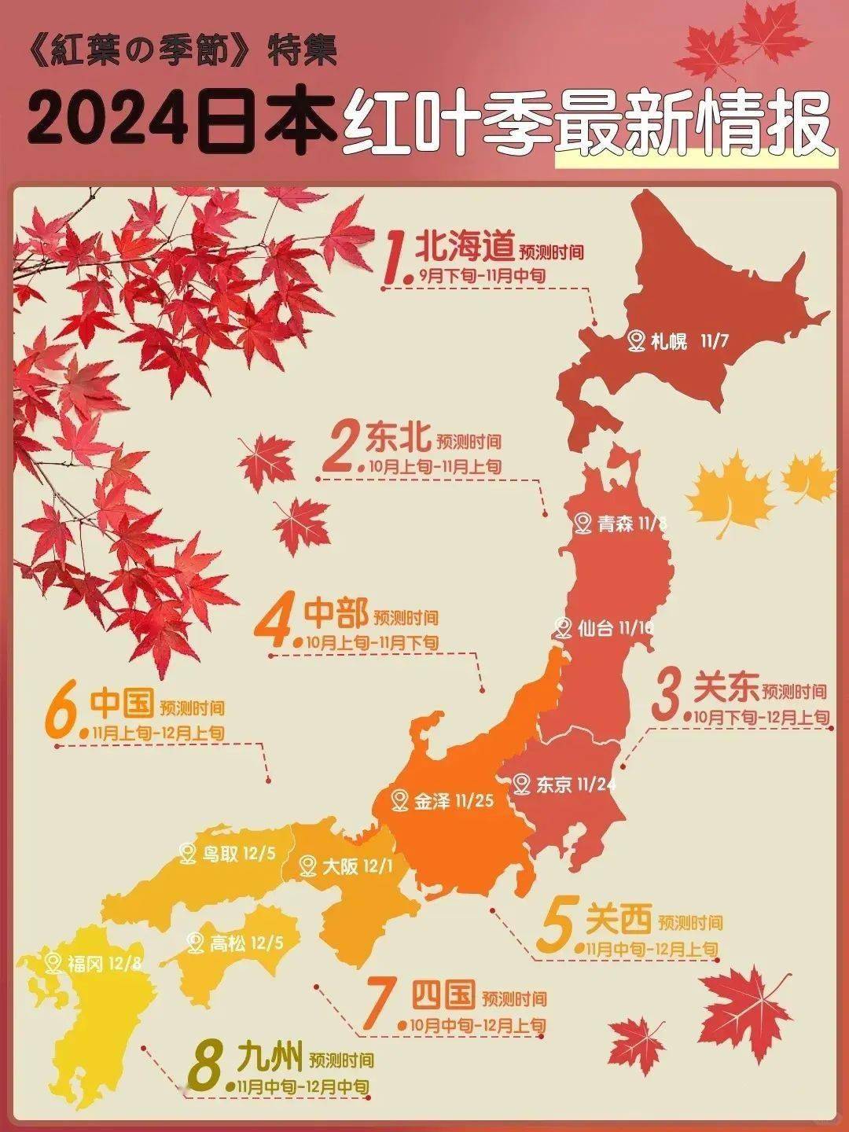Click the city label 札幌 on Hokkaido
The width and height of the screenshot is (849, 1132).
(x=669, y=342)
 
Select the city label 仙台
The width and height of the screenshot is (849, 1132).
(x=596, y=628)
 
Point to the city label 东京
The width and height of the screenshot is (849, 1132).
(x=553, y=784)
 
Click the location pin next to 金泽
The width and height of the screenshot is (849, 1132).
(x=401, y=801)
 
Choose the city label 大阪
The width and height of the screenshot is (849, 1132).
(x=340, y=866)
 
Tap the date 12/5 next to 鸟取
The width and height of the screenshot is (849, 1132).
(x=259, y=853)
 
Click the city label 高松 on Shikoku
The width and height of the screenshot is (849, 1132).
(x=228, y=943)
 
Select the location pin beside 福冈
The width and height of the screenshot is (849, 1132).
(x=53, y=962)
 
